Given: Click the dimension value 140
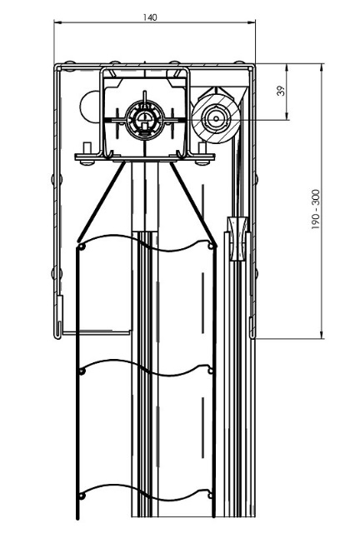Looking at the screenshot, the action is (150, 17).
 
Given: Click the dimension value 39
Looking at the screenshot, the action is (282, 91).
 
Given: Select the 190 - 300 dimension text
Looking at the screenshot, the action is (316, 209).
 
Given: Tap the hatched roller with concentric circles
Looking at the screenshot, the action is (216, 118).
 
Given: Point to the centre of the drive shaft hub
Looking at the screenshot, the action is (144, 120).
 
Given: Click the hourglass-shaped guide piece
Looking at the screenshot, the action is (238, 238).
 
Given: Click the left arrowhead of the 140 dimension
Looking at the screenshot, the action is (57, 22).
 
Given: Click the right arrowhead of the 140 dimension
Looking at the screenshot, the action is (252, 22).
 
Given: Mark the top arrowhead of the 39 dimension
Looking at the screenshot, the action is (287, 68).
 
